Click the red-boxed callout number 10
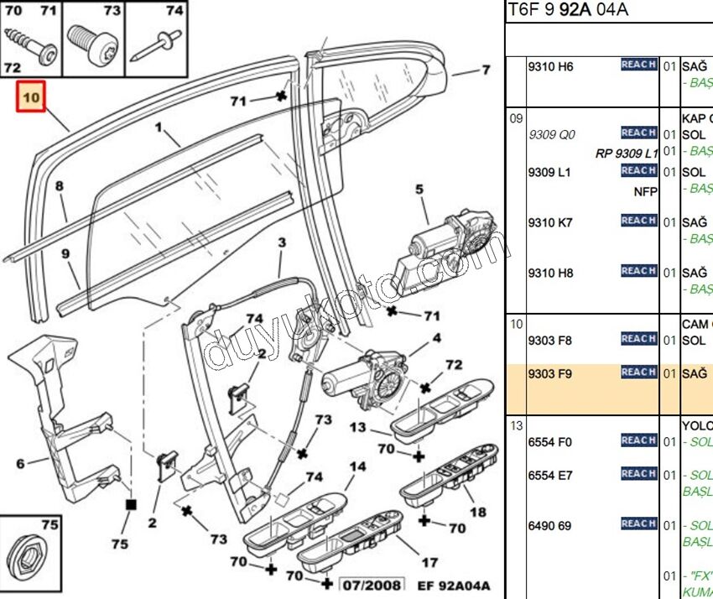pos(31,98)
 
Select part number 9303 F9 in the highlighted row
pos(549,374)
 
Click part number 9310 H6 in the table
pos(549,67)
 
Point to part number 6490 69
pos(549,526)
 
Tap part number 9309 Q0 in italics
pos(551,134)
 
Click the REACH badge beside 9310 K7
pos(638,221)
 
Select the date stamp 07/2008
pos(371,585)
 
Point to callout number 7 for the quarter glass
pos(486,70)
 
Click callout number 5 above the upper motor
pos(419,190)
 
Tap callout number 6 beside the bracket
pos(20,461)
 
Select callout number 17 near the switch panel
pos(429,563)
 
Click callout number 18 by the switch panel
pos(477,512)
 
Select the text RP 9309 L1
pos(627,154)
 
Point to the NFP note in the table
pos(645,191)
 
